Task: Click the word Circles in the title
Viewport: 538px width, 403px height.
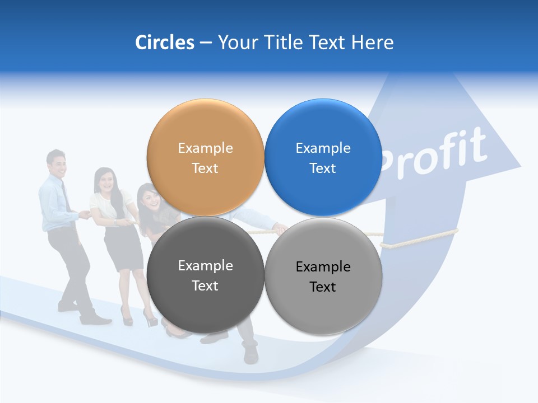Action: pyautogui.click(x=164, y=43)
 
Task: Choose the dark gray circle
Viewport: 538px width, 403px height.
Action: pyautogui.click(x=205, y=275)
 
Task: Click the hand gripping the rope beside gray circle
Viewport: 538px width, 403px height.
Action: pyautogui.click(x=279, y=228)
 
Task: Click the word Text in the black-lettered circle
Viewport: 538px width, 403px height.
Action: pyautogui.click(x=323, y=287)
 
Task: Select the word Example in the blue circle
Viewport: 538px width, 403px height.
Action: pyautogui.click(x=323, y=148)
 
